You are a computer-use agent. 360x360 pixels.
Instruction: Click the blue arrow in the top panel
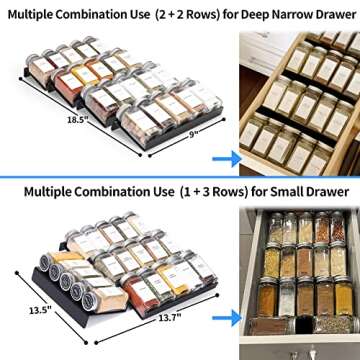[x=227, y=157]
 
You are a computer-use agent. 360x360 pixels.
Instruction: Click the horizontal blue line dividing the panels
[x=180, y=175]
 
